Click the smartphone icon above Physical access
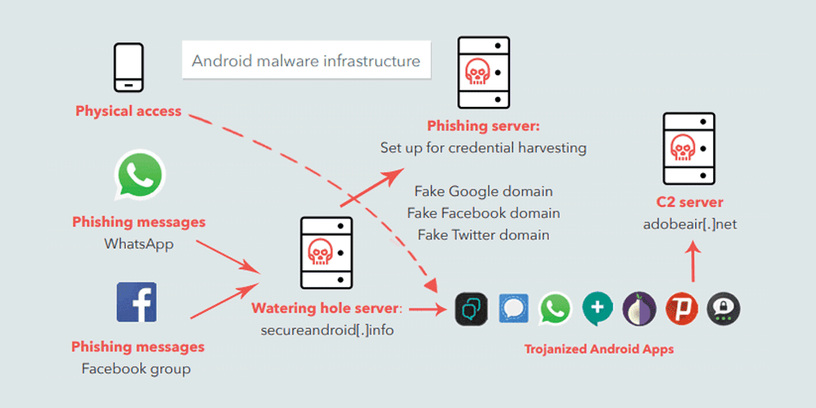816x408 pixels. pyautogui.click(x=128, y=69)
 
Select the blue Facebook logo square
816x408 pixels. pyautogui.click(x=136, y=302)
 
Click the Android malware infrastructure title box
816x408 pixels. pyautogui.click(x=306, y=61)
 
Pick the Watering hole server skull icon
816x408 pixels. pyautogui.click(x=326, y=252)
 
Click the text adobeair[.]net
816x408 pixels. pyautogui.click(x=690, y=224)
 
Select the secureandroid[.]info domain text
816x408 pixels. pyautogui.click(x=327, y=331)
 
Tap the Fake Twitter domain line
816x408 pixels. pyautogui.click(x=484, y=234)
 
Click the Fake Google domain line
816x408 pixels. pyautogui.click(x=484, y=191)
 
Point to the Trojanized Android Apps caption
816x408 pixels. pyautogui.click(x=599, y=349)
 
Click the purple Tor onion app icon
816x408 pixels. pyautogui.click(x=639, y=309)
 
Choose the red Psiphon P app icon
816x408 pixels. pyautogui.click(x=681, y=309)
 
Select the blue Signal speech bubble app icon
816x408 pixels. pyautogui.click(x=513, y=309)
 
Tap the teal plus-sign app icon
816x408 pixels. pyautogui.click(x=597, y=309)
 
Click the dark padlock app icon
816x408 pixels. pyautogui.click(x=724, y=309)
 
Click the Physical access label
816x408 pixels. pyautogui.click(x=128, y=111)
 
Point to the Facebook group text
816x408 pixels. pyautogui.click(x=136, y=369)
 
